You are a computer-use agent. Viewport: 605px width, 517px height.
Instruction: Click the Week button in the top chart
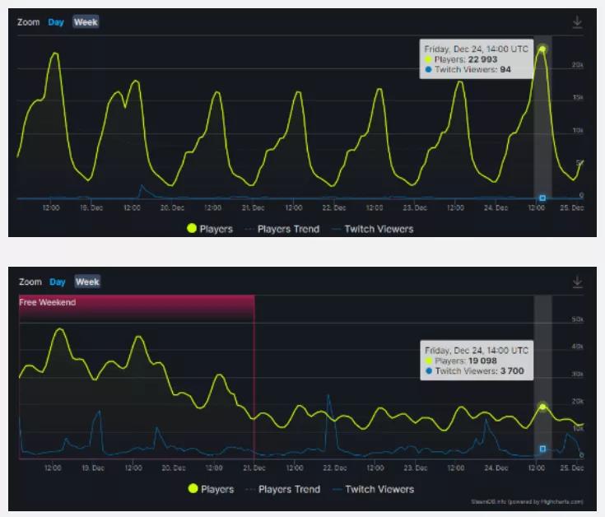click(86, 22)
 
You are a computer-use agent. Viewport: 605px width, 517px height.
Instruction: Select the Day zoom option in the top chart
click(56, 22)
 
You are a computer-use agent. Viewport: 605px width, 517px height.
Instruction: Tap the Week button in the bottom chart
click(87, 282)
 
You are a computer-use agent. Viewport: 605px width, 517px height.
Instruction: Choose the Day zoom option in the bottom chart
click(57, 282)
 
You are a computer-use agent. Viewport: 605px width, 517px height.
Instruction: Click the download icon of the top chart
click(578, 23)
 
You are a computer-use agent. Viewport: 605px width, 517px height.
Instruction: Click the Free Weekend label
click(48, 302)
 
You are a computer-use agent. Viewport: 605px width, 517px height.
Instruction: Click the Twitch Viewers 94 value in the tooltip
click(505, 70)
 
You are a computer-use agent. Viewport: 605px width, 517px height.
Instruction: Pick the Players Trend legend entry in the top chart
click(288, 229)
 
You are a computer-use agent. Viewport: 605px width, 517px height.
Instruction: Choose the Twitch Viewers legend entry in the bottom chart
click(379, 489)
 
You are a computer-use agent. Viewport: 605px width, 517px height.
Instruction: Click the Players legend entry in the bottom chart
click(216, 489)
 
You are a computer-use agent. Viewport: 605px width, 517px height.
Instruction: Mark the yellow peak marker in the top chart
click(542, 49)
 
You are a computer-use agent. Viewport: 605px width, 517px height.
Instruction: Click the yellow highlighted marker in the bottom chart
click(542, 407)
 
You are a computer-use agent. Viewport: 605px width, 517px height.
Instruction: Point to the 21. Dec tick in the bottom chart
click(254, 468)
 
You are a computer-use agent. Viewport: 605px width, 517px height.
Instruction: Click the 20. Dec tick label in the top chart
click(172, 208)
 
